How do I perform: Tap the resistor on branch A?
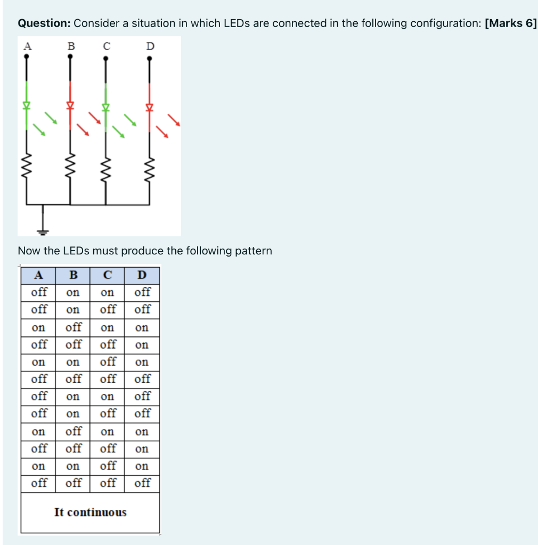click(x=27, y=166)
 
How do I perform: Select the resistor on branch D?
click(x=150, y=169)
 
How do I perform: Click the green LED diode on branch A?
click(x=27, y=105)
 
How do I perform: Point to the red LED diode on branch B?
click(x=70, y=105)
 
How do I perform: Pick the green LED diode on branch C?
click(x=105, y=108)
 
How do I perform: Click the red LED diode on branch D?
click(x=150, y=108)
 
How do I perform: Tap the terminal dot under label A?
click(x=27, y=56)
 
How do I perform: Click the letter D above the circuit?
click(x=150, y=46)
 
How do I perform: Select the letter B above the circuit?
click(x=71, y=46)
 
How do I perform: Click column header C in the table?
click(x=108, y=275)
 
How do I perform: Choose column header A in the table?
click(x=38, y=275)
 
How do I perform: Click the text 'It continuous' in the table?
click(x=91, y=513)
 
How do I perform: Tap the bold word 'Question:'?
click(x=44, y=23)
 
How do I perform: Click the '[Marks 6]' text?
click(x=511, y=23)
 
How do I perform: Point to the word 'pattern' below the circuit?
click(x=254, y=251)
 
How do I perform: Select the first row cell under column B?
click(x=72, y=293)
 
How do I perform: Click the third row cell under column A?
click(x=38, y=328)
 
